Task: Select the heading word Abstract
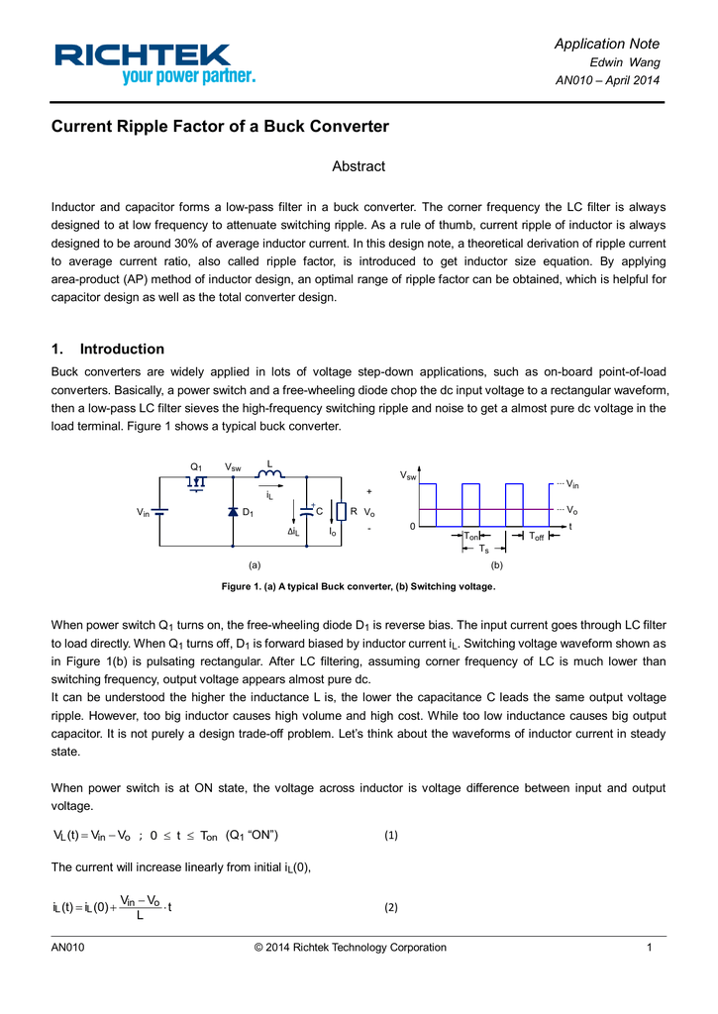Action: point(358,166)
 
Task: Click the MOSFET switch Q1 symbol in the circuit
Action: point(197,481)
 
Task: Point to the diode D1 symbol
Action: point(232,512)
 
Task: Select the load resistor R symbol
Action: point(340,511)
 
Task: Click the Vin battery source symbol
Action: point(159,512)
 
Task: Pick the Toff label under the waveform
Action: point(536,537)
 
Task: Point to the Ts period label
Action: point(483,549)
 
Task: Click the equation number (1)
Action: point(390,835)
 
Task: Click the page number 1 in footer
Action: point(648,948)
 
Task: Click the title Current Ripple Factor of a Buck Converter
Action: point(220,127)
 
